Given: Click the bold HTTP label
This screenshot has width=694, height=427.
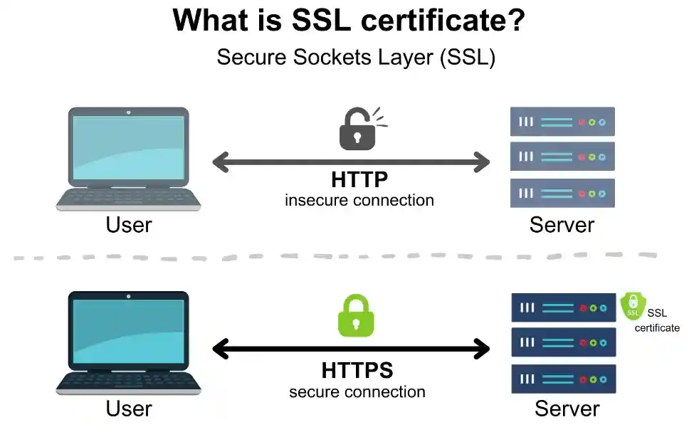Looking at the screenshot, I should coord(359,179).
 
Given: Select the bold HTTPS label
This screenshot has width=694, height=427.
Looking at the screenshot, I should coord(357,371).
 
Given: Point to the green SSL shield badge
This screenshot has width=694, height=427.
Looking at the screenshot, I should coord(631,306).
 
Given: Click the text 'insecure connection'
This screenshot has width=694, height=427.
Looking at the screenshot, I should coord(359,200).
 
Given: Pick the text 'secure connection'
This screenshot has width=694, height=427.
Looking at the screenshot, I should coord(357,392).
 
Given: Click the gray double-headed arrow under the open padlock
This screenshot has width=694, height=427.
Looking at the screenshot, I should coord(351,162).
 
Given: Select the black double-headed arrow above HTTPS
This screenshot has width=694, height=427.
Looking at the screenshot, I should coord(351,349).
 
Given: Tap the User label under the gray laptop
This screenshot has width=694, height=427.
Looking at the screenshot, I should coord(128,225).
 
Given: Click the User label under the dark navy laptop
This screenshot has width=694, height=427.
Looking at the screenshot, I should coord(128,408).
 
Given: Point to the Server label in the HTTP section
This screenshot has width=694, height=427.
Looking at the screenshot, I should coord(562,225).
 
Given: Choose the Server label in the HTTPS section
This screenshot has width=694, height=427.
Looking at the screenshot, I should coord(567,408).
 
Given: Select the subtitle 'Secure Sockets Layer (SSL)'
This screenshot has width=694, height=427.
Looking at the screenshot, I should coord(355,57).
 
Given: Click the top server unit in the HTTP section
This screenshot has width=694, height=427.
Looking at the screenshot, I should coord(562,122).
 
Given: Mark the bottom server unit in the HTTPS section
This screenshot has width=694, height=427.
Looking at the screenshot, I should coord(562,379).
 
